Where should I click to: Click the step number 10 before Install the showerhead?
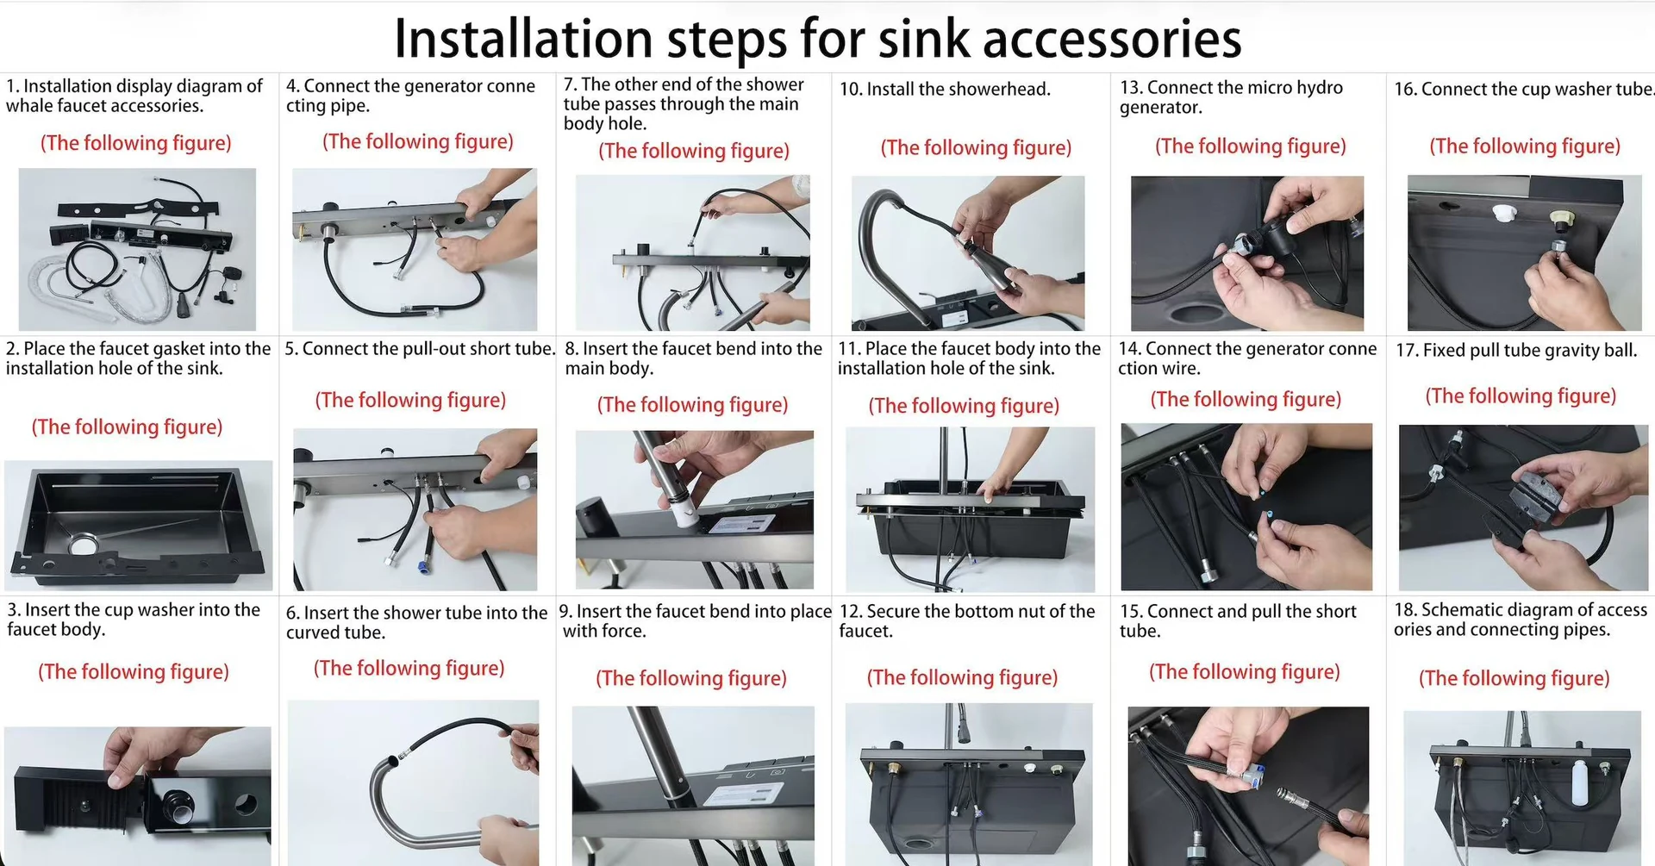click(850, 90)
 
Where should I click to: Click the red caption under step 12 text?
click(962, 678)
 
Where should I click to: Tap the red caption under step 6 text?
click(409, 669)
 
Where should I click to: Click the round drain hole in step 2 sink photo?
click(84, 545)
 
